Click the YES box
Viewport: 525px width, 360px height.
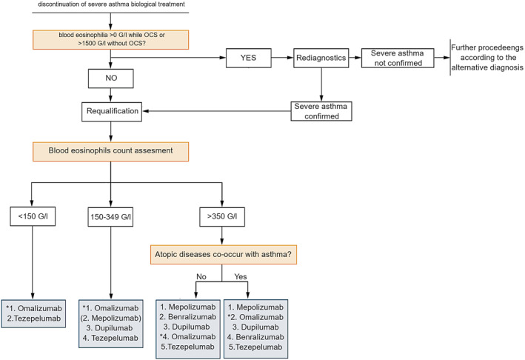(x=249, y=58)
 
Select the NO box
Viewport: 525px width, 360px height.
(x=111, y=79)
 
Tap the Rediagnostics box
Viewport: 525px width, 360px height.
(x=321, y=58)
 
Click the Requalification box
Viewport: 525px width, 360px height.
(x=112, y=112)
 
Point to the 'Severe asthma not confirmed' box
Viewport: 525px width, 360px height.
(x=398, y=58)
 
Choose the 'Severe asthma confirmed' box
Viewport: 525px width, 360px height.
(x=321, y=111)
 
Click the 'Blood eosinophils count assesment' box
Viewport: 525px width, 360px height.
(x=111, y=151)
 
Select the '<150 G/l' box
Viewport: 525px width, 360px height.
(x=33, y=216)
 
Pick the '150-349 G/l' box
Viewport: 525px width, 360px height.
(x=110, y=217)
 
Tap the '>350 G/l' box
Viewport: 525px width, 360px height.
(x=222, y=217)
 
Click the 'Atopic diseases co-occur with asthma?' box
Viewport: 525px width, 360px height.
(x=224, y=255)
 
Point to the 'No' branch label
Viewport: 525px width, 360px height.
(x=201, y=276)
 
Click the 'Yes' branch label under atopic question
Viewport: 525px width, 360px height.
(x=241, y=276)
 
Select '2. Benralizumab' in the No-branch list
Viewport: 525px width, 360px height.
(x=188, y=317)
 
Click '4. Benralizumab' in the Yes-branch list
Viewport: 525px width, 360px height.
(x=255, y=337)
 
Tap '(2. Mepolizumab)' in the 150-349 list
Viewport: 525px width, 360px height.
(x=111, y=318)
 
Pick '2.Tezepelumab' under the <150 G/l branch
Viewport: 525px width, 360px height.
(x=34, y=319)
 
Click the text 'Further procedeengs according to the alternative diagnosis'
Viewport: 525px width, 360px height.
(x=487, y=58)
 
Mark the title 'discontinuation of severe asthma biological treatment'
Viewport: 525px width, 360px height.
(x=111, y=4)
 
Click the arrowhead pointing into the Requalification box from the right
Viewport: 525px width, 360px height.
(x=146, y=111)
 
